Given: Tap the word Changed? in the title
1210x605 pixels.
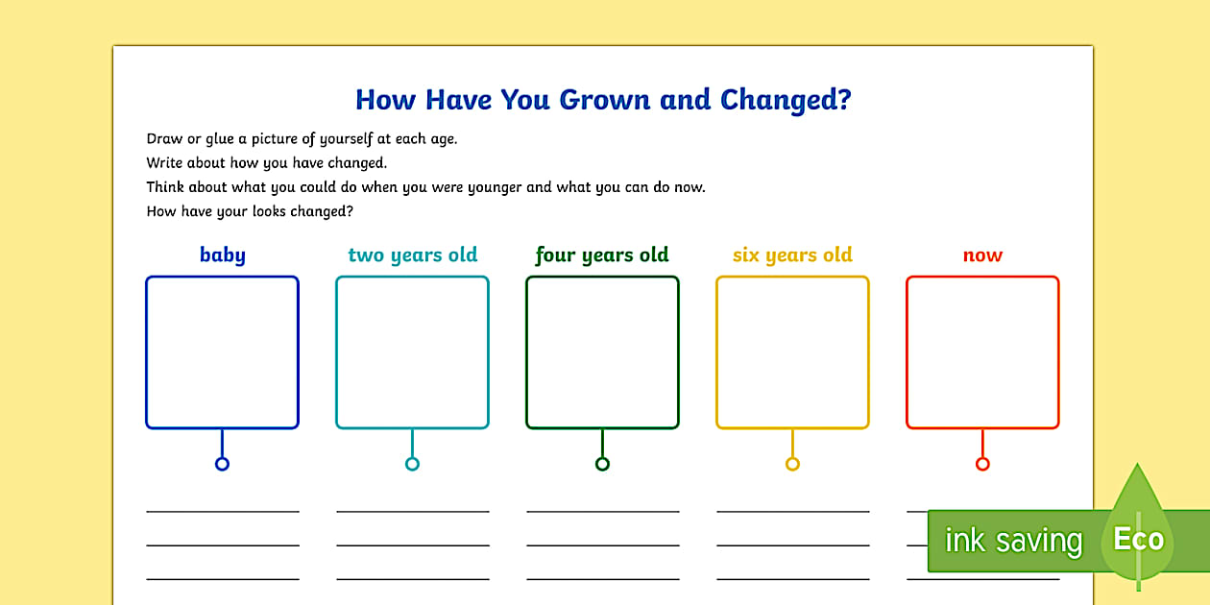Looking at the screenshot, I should [x=786, y=100].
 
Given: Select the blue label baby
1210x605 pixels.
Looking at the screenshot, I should [x=222, y=255].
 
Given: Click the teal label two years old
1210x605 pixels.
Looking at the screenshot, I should [x=412, y=255].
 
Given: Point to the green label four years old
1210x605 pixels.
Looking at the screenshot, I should [x=602, y=255].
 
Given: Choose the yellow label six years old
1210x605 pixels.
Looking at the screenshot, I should [x=792, y=255].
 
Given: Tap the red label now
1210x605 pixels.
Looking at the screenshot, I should [x=982, y=255].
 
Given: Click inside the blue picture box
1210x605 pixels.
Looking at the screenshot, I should [x=222, y=351].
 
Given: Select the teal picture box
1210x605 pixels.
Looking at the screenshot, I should [x=412, y=351].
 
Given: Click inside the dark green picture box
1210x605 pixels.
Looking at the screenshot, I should [x=602, y=351].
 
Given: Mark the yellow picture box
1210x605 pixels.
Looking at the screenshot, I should [x=792, y=351].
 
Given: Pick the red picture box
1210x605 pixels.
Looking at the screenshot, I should [x=982, y=351].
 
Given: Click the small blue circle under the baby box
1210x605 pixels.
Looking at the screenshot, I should [x=222, y=464].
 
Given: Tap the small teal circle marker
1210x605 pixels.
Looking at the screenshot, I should [x=412, y=464].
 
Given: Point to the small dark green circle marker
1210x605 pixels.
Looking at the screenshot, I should [x=602, y=464].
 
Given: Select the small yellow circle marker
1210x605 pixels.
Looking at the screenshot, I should [x=792, y=464].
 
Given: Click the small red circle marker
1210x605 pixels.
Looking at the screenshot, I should [x=982, y=464].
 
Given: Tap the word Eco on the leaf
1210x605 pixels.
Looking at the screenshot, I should [x=1138, y=539].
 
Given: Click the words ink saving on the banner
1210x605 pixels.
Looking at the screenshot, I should [x=1012, y=541].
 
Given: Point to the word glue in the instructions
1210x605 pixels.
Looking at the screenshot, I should [x=222, y=139].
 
